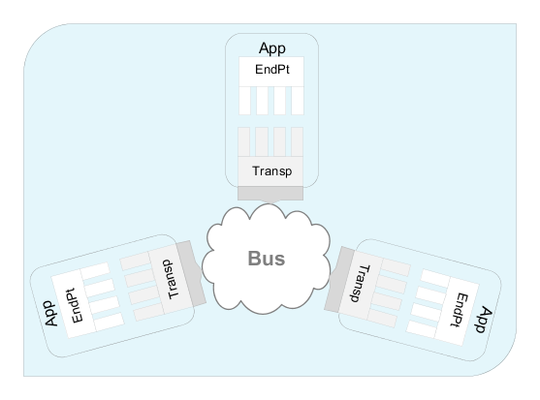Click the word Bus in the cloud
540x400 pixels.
tap(267, 259)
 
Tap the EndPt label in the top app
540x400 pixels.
tap(272, 70)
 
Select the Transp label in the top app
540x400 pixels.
tap(272, 170)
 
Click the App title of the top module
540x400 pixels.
tap(272, 48)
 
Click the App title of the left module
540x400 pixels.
tap(50, 314)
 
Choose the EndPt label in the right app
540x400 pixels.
tap(460, 310)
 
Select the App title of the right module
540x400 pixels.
tap(484, 320)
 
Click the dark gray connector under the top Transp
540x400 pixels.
tap(270, 193)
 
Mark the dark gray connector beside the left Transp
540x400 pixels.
tap(191, 273)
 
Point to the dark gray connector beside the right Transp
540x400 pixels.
tap(339, 279)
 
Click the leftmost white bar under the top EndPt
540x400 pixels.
tap(244, 101)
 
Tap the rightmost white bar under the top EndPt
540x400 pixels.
tap(298, 101)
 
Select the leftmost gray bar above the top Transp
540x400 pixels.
tap(244, 142)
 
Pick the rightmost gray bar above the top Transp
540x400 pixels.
tap(297, 142)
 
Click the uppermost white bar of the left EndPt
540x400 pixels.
tap(95, 271)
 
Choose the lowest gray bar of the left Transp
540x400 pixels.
tap(148, 312)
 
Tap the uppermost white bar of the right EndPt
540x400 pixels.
tap(435, 278)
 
